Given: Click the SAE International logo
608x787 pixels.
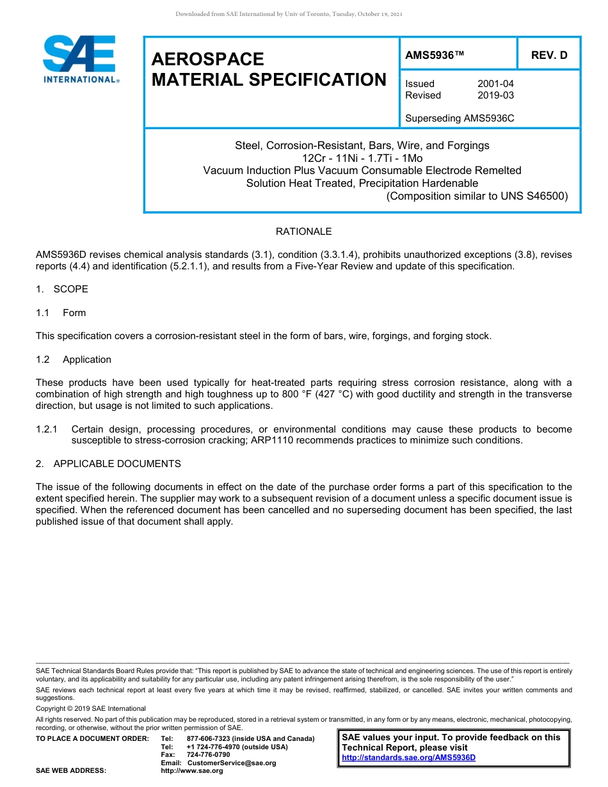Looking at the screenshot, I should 80,60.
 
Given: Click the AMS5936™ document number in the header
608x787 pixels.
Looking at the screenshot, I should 435,56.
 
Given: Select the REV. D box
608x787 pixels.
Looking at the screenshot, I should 548,56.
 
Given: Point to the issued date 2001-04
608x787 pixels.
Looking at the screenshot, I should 495,84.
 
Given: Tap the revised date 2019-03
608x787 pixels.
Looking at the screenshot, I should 495,95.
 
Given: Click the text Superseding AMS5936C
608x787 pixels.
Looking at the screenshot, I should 460,118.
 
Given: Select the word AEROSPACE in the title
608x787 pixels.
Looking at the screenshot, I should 207,60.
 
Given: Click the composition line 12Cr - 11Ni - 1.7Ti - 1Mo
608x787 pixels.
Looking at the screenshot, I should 362,158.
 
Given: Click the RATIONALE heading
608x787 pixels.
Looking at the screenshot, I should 303,232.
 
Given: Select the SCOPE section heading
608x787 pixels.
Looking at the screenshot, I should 70,289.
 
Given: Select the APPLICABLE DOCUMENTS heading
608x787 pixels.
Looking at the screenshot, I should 116,464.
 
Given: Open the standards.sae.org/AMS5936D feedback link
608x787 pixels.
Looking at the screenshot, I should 408,758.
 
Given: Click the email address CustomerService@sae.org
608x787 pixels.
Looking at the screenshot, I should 232,763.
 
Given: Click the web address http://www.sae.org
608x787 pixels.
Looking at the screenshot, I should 192,771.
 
